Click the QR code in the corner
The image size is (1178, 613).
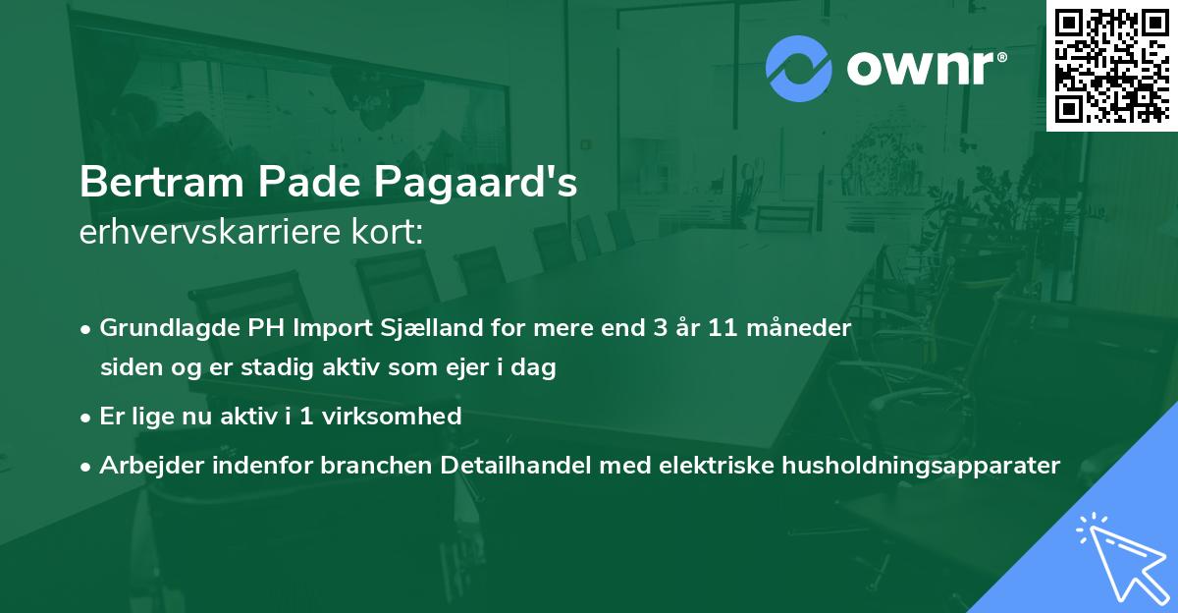pyautogui.click(x=1112, y=65)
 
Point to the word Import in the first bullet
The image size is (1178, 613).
pyautogui.click(x=331, y=328)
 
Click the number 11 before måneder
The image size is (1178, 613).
pyautogui.click(x=728, y=328)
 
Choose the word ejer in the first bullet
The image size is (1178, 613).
pyautogui.click(x=491, y=368)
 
